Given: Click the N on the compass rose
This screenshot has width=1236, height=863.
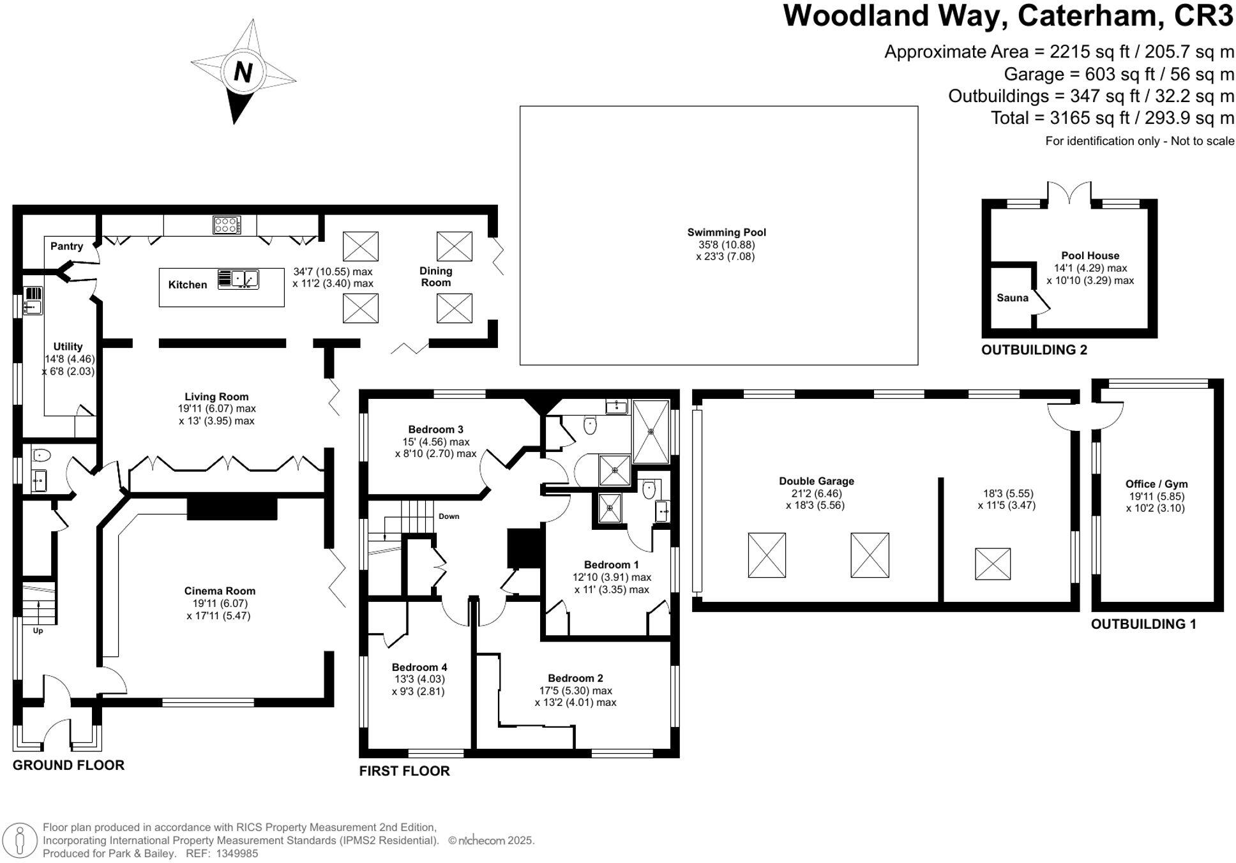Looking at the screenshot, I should pos(243,71).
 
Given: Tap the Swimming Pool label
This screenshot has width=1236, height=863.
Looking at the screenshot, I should pos(726,233).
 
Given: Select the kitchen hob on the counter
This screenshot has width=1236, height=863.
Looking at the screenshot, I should pos(227,225).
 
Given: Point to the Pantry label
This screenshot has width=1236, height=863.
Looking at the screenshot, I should pos(66,246).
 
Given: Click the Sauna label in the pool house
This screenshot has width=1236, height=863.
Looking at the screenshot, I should pos(1012,298).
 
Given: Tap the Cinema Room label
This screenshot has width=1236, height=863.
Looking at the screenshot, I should pos(220,591).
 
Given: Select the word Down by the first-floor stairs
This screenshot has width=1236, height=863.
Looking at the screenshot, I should pos(448,516).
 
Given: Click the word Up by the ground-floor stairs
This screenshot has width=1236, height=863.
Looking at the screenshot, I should pos(38,631).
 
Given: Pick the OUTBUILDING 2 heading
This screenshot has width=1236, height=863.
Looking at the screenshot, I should pos(1034,350).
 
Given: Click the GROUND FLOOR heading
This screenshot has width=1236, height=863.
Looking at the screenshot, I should pos(68,765).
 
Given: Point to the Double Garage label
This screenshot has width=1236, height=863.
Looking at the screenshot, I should pos(816,481).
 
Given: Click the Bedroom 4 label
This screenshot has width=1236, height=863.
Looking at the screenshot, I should pos(419,667).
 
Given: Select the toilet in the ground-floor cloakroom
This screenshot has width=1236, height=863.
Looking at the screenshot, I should pos(41,455).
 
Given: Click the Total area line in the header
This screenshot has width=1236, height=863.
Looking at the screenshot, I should pos(1112,118).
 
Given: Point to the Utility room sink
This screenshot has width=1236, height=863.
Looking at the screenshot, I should pos(33,307).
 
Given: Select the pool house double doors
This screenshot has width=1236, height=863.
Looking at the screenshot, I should pos(1069,195).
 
